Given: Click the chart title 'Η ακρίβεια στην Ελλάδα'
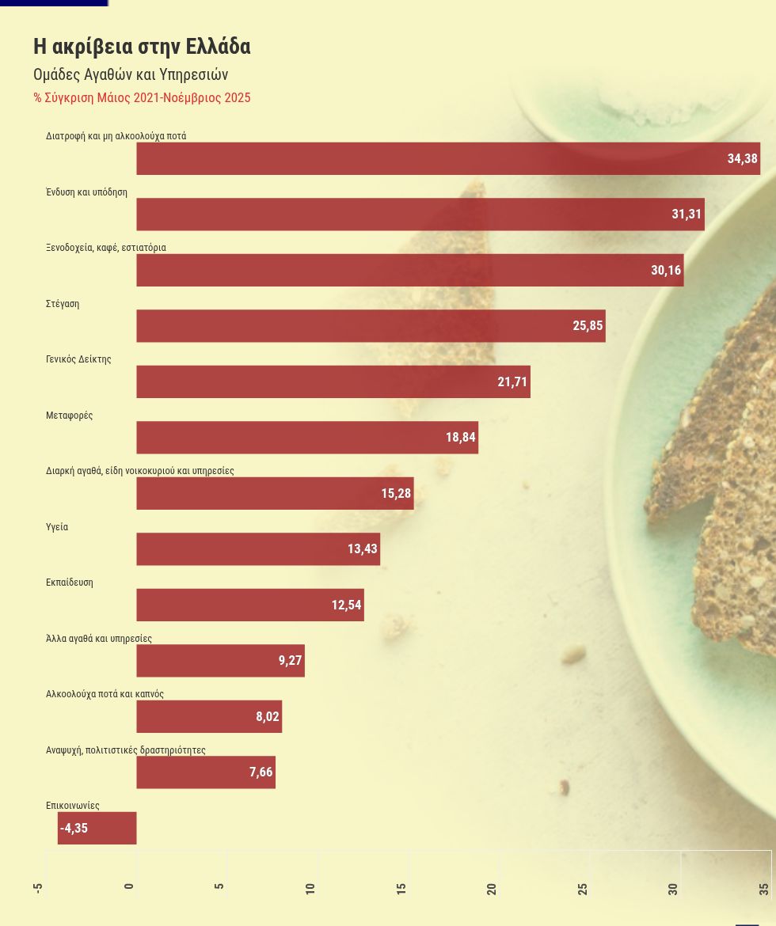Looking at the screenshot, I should pos(142,47).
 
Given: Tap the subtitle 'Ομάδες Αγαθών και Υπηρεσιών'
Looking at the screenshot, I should pos(131,75).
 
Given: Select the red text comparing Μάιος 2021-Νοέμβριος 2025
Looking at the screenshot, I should pos(142,98).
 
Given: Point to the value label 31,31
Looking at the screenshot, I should pos(687,214).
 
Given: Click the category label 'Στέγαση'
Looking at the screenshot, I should pos(63,304).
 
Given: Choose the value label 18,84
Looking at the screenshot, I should pos(461,438).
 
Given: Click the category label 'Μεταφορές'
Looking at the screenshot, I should pos(70,416).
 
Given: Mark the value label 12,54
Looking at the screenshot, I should pos(347,605).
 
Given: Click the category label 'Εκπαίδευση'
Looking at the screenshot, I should pos(70,583).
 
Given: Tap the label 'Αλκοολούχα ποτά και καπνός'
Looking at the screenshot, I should pos(105,694).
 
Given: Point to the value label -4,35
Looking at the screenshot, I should pos(74,829).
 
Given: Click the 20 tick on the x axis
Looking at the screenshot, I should pos(492,888).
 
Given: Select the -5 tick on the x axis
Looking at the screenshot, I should pos(38,888).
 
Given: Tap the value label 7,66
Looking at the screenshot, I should pos(261,772).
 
